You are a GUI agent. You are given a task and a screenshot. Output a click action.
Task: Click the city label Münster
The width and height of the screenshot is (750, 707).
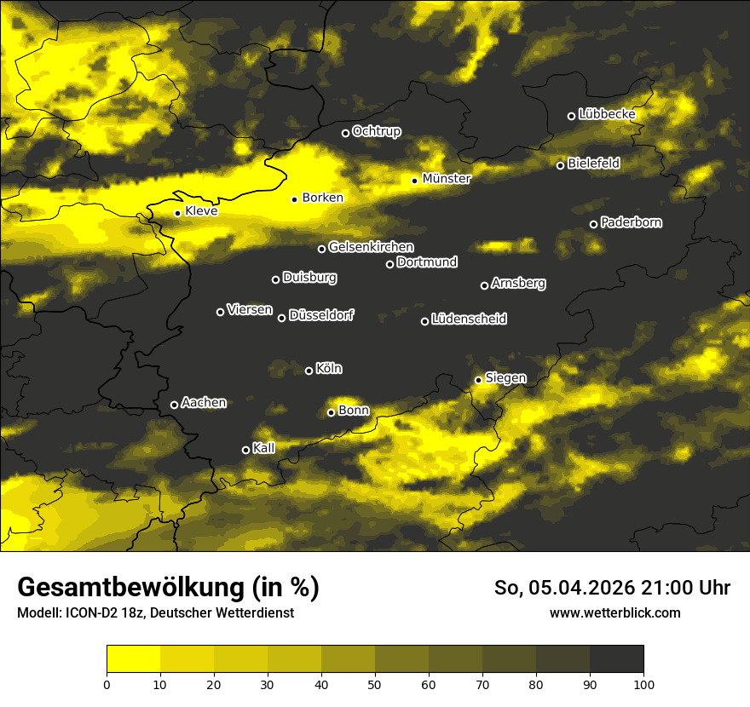pyautogui.click(x=446, y=179)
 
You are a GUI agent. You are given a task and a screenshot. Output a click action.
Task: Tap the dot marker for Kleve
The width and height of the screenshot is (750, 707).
pyautogui.click(x=177, y=213)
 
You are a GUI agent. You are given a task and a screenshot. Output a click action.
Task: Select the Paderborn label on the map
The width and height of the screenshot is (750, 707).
pyautogui.click(x=631, y=222)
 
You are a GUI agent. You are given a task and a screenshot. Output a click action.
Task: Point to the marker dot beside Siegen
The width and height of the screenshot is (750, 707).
pyautogui.click(x=478, y=380)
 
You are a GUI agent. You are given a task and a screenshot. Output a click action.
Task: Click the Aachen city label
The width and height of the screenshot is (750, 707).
pyautogui.click(x=204, y=403)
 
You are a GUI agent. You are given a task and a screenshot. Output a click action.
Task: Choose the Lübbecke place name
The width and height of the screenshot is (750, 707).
pyautogui.click(x=607, y=114)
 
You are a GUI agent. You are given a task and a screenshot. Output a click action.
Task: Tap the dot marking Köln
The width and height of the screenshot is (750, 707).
pyautogui.click(x=309, y=371)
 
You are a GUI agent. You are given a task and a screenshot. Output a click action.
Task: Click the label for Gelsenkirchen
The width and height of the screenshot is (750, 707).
pyautogui.click(x=371, y=247)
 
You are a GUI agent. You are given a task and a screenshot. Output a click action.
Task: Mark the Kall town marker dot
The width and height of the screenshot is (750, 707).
pyautogui.click(x=245, y=450)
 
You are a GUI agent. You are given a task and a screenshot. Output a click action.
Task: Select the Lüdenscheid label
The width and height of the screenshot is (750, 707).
pyautogui.click(x=469, y=319)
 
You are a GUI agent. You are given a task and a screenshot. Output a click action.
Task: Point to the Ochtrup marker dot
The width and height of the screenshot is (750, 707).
pyautogui.click(x=345, y=133)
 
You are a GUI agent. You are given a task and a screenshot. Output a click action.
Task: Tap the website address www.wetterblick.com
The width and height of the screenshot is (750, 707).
pyautogui.click(x=614, y=612)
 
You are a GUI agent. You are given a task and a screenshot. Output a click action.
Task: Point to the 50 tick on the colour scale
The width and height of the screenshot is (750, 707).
pyautogui.click(x=375, y=684)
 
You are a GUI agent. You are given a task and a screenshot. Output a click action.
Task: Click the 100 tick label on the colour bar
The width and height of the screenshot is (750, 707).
pyautogui.click(x=643, y=684)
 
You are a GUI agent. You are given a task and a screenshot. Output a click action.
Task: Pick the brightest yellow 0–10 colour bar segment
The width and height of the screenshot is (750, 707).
pyautogui.click(x=134, y=659)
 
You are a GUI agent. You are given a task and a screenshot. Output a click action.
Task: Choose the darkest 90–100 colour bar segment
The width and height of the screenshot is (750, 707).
pyautogui.click(x=616, y=659)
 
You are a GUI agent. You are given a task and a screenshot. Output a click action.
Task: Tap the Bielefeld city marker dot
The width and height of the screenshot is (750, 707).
pyautogui.click(x=560, y=165)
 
